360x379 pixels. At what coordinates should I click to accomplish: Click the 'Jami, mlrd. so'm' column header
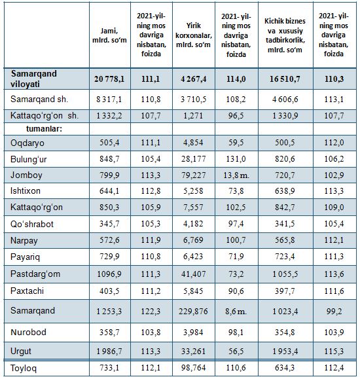(109, 35)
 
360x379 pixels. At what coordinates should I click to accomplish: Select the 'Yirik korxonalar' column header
(194, 35)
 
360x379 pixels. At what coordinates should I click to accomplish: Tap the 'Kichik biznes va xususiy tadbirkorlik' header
(285, 35)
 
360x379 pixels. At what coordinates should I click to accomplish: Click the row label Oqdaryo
(27, 143)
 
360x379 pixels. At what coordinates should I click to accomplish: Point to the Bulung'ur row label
(29, 160)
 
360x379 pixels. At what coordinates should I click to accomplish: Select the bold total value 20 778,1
(109, 79)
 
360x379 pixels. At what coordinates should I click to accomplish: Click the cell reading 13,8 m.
(236, 175)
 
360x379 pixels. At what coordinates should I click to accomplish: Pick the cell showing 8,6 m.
(236, 312)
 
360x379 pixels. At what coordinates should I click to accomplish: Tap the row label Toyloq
(24, 369)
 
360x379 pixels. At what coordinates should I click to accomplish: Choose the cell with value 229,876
(193, 312)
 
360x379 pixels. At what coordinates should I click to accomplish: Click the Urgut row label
(21, 352)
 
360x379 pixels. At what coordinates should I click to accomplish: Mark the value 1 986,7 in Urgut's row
(109, 352)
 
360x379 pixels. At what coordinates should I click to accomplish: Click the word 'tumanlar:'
(44, 129)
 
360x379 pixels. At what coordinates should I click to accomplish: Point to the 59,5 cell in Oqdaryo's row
(236, 143)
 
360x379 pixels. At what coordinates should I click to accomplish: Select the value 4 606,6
(285, 99)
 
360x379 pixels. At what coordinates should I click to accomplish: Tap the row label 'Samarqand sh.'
(39, 99)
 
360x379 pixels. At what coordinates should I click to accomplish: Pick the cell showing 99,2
(334, 312)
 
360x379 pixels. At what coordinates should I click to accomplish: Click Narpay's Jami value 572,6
(109, 240)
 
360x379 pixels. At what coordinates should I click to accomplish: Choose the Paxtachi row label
(27, 291)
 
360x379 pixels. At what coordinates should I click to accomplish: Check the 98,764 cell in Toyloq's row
(194, 368)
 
